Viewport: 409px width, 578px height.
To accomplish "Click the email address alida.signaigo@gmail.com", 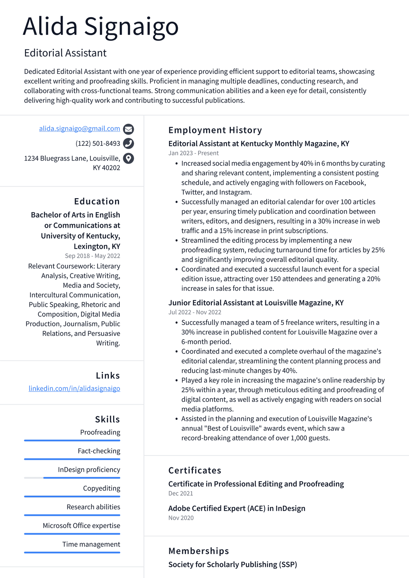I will [x=79, y=129].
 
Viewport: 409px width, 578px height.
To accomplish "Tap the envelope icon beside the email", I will [x=128, y=129].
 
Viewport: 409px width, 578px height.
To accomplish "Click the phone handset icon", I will [x=128, y=143].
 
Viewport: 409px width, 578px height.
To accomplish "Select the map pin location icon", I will [x=128, y=159].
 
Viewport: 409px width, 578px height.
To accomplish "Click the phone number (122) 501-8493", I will [x=98, y=143].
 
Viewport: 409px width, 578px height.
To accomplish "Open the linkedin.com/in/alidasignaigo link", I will [x=74, y=388].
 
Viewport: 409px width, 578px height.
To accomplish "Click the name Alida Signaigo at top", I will [x=101, y=27].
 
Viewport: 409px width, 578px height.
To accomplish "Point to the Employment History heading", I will [x=215, y=130].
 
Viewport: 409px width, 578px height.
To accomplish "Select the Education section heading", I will [x=97, y=201].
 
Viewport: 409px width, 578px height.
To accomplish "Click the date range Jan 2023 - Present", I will [x=193, y=153].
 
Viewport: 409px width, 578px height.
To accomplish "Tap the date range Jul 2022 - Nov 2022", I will [x=195, y=312].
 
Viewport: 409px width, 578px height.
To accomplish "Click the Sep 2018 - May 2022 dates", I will [x=92, y=256].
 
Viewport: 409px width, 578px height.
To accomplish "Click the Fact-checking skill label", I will [x=99, y=451].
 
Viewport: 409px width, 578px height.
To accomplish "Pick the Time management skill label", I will [x=91, y=544].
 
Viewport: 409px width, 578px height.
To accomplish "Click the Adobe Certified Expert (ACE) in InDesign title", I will [x=236, y=508].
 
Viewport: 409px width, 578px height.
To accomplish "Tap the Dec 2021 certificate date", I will [x=181, y=493].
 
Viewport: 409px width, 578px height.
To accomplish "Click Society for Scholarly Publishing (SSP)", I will [x=232, y=564].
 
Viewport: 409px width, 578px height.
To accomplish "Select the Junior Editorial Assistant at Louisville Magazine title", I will [x=256, y=303].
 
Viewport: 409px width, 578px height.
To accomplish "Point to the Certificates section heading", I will [x=195, y=471].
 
